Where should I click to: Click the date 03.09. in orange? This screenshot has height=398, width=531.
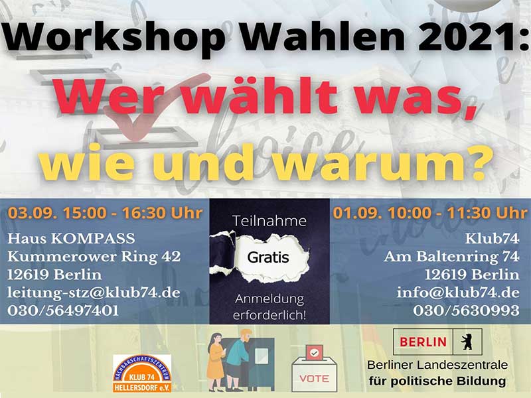pyautogui.click(x=32, y=213)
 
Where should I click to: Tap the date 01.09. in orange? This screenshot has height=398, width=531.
pyautogui.click(x=357, y=213)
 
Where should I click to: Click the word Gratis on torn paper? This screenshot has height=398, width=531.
pyautogui.click(x=268, y=257)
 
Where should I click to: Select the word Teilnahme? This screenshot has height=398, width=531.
pyautogui.click(x=269, y=221)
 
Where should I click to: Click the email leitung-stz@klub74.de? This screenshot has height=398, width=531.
pyautogui.click(x=94, y=293)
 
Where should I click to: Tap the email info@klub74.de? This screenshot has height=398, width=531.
pyautogui.click(x=458, y=293)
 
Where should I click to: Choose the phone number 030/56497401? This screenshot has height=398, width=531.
pyautogui.click(x=63, y=310)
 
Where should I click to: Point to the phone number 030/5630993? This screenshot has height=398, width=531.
pyautogui.click(x=466, y=310)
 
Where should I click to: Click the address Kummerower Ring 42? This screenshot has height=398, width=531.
pyautogui.click(x=94, y=257)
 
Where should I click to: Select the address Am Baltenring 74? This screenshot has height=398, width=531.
pyautogui.click(x=451, y=257)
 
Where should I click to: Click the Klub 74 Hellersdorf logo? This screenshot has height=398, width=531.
pyautogui.click(x=142, y=373)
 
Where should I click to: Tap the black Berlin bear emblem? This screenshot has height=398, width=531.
pyautogui.click(x=467, y=342)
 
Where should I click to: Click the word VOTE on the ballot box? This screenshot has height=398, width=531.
pyautogui.click(x=314, y=378)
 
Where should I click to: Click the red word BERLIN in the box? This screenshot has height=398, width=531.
pyautogui.click(x=423, y=342)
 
